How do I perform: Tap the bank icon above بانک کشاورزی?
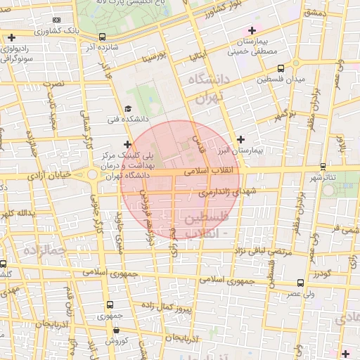coord(57,20)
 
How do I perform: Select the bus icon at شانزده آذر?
coord(103,37)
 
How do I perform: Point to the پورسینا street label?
coord(153,54)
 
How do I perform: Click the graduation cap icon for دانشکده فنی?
coord(127,108)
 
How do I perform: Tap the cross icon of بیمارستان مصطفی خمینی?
coord(252,30)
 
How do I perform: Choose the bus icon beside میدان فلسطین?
coord(281,68)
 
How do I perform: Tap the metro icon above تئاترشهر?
coord(323,166)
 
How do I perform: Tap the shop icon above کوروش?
coord(117,330)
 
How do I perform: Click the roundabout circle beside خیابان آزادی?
coord(92,174)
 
